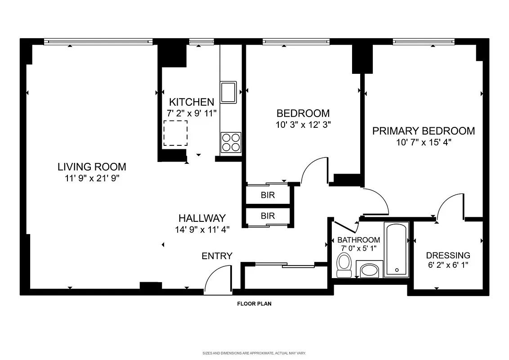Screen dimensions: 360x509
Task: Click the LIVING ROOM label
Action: coord(92,166)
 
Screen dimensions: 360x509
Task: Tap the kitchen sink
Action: coord(228,92)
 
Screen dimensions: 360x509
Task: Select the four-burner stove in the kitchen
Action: coord(231,142)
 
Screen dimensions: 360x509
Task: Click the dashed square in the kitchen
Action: coord(175,133)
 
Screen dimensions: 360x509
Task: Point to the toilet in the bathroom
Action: coord(344,265)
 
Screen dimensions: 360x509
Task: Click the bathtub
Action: coord(397,250)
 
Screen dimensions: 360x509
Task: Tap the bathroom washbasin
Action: coord(371,270)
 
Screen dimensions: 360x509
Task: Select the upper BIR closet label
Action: coord(268,195)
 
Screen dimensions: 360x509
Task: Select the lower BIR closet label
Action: coord(268,216)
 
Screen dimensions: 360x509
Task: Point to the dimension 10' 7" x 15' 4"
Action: coord(423,142)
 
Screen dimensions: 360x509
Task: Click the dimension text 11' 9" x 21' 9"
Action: coord(92,178)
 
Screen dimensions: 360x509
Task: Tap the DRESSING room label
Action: coord(448,255)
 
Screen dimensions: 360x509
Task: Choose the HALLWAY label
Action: coord(202,218)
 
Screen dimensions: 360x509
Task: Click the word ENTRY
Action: coord(217,256)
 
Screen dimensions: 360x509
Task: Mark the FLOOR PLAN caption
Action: coord(254,304)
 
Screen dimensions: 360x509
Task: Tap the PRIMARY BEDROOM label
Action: coord(423,131)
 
